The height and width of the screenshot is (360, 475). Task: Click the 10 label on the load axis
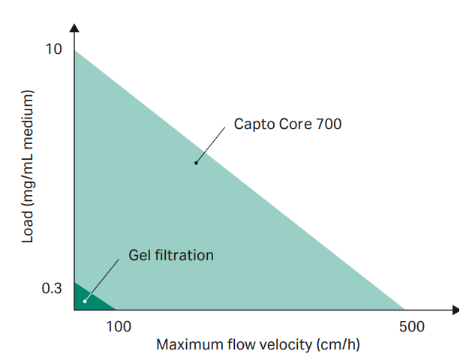tap(53, 49)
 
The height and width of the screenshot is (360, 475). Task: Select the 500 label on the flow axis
tap(412, 326)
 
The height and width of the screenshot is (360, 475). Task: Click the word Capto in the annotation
tap(253, 124)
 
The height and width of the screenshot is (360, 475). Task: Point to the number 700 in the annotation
tap(328, 124)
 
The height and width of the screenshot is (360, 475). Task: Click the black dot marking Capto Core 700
tap(196, 162)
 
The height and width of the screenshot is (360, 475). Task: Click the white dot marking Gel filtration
tap(85, 301)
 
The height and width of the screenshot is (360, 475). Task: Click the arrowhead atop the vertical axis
tap(74, 29)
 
